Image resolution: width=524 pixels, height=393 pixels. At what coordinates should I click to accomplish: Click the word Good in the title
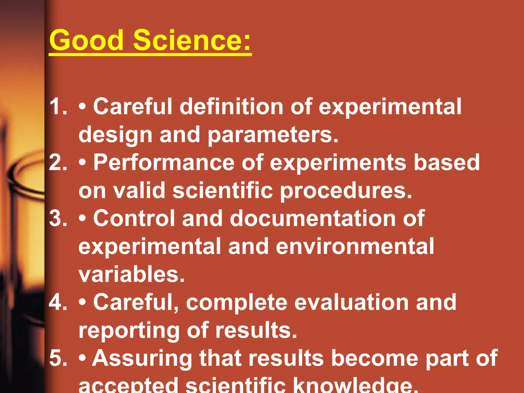(x=86, y=40)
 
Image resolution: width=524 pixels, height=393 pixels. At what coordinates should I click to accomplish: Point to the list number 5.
(x=58, y=358)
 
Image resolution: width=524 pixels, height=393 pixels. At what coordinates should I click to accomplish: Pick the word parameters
(x=273, y=135)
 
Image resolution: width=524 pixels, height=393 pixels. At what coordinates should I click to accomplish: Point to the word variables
(x=132, y=274)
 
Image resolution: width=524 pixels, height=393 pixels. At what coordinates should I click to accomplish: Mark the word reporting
(x=129, y=331)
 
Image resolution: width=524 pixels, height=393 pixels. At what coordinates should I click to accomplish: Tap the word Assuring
(x=142, y=358)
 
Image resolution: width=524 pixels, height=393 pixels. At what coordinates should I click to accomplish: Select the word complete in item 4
(x=237, y=303)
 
